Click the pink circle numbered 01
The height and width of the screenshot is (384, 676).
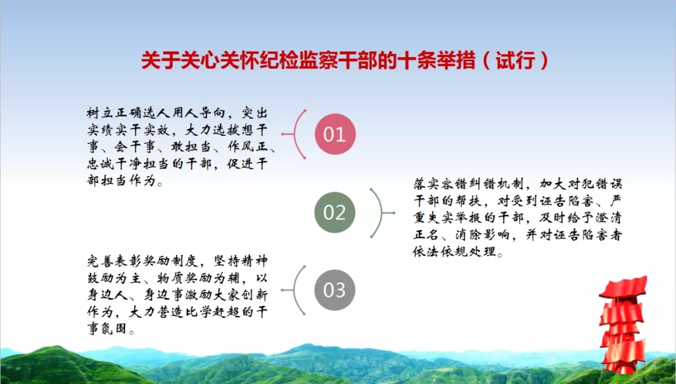pyautogui.click(x=335, y=134)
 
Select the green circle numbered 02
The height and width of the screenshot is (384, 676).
pyautogui.click(x=335, y=212)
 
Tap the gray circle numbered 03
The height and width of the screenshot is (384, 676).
pyautogui.click(x=335, y=290)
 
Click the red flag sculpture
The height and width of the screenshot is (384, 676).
pyautogui.click(x=623, y=324)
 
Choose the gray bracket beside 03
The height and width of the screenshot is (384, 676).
pyautogui.click(x=295, y=290)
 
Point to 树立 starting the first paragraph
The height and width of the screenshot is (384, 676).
pyautogui.click(x=100, y=113)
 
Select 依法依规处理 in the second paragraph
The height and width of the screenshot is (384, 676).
pyautogui.click(x=455, y=252)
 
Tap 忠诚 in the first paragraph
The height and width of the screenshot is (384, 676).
pyautogui.click(x=100, y=164)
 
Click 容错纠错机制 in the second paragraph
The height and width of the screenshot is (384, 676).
pyautogui.click(x=483, y=184)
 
